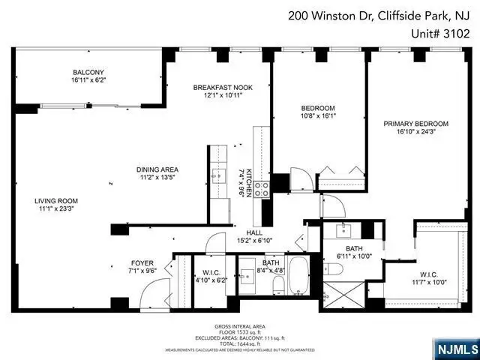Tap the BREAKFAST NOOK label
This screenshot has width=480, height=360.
[223, 88]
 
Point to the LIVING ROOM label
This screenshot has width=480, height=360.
[56, 201]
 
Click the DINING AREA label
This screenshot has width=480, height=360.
[157, 169]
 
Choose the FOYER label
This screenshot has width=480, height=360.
[142, 263]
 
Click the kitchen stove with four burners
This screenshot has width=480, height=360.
[262, 190]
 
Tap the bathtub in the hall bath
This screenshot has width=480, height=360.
[298, 277]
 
